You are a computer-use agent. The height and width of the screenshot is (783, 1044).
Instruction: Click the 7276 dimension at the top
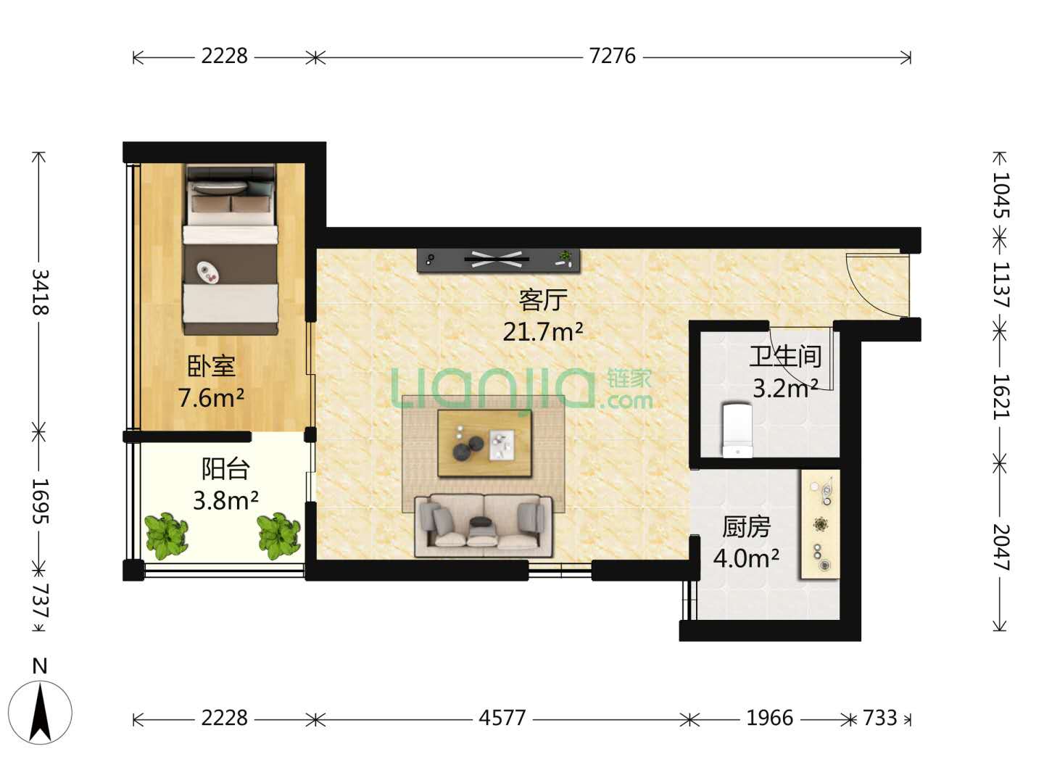pyautogui.click(x=612, y=56)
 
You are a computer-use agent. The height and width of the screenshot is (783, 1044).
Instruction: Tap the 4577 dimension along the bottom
pyautogui.click(x=502, y=718)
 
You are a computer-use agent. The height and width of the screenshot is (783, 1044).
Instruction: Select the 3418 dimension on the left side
pyautogui.click(x=41, y=292)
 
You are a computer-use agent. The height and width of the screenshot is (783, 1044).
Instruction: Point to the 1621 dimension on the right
pyautogui.click(x=1000, y=397)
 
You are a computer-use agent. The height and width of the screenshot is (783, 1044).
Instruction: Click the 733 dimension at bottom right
pyautogui.click(x=880, y=718)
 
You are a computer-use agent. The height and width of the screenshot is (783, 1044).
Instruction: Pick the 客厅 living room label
pyautogui.click(x=543, y=300)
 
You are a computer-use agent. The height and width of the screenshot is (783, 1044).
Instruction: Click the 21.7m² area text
pyautogui.click(x=543, y=331)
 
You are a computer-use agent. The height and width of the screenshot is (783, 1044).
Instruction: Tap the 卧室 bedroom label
pyautogui.click(x=211, y=366)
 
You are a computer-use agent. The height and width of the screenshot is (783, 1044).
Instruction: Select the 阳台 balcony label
pyautogui.click(x=225, y=469)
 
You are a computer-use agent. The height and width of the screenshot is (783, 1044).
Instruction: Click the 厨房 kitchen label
pyautogui.click(x=746, y=527)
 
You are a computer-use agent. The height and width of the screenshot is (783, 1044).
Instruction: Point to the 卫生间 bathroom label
pyautogui.click(x=785, y=357)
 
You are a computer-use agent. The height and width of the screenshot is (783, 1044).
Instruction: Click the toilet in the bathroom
pyautogui.click(x=737, y=430)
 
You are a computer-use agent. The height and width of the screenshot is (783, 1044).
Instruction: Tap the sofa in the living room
pyautogui.click(x=484, y=526)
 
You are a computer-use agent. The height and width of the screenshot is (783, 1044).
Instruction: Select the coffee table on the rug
pyautogui.click(x=485, y=443)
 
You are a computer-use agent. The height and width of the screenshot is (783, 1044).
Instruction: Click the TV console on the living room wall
pyautogui.click(x=499, y=260)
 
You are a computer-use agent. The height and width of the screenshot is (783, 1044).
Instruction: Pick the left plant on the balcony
pyautogui.click(x=166, y=535)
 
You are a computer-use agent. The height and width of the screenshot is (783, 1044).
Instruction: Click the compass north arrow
pyautogui.click(x=41, y=712)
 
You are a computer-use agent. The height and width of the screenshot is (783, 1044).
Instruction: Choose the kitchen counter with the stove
pyautogui.click(x=821, y=524)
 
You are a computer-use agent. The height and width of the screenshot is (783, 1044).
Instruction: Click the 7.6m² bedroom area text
pyautogui.click(x=211, y=397)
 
